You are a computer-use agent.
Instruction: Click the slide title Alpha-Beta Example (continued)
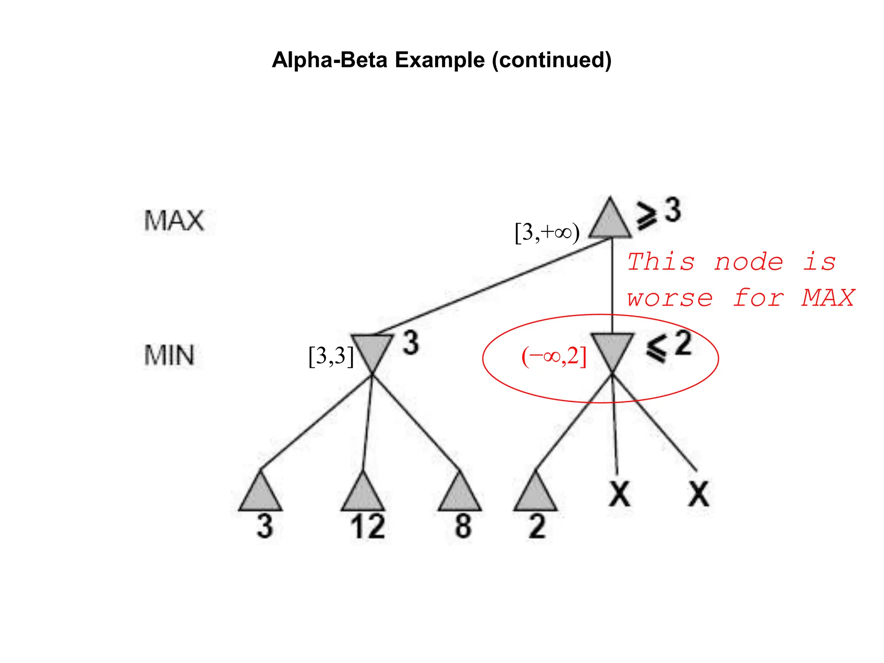coord(442,60)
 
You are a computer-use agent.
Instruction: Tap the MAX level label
coord(174,221)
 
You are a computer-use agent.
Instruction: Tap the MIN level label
coord(169,356)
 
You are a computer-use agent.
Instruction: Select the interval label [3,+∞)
coord(547,233)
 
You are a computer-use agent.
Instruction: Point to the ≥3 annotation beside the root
coord(658,212)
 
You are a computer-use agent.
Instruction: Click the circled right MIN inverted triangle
coord(612,349)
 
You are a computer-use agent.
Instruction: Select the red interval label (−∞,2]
coord(554,357)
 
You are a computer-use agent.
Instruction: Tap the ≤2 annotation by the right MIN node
coord(669,346)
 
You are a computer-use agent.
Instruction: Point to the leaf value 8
coord(463,526)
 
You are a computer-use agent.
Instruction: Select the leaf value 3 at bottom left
coord(265,526)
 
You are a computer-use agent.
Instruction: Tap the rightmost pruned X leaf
coord(698,494)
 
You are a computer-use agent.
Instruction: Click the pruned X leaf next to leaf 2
coord(619,494)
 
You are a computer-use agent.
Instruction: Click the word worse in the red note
coord(669,298)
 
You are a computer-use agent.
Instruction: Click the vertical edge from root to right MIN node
coord(612,285)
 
